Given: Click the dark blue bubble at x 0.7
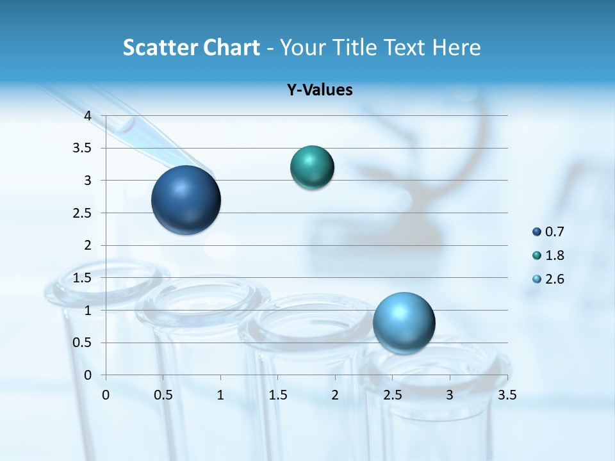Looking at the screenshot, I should tap(186, 200).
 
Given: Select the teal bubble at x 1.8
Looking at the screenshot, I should tap(312, 168).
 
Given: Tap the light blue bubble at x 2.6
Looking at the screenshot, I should tap(404, 323).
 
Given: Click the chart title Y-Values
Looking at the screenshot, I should tap(320, 90).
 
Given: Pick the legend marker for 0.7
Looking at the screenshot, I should tap(537, 232).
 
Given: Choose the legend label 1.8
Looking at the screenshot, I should tap(554, 255).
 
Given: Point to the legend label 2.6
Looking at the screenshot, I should tap(554, 279).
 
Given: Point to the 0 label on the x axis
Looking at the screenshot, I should tap(106, 394).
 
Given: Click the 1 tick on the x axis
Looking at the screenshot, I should tap(220, 394).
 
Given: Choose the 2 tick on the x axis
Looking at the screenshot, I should tap(335, 394).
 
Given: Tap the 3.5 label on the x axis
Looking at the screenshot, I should tap(507, 394).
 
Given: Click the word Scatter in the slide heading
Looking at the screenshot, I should tap(160, 47).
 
